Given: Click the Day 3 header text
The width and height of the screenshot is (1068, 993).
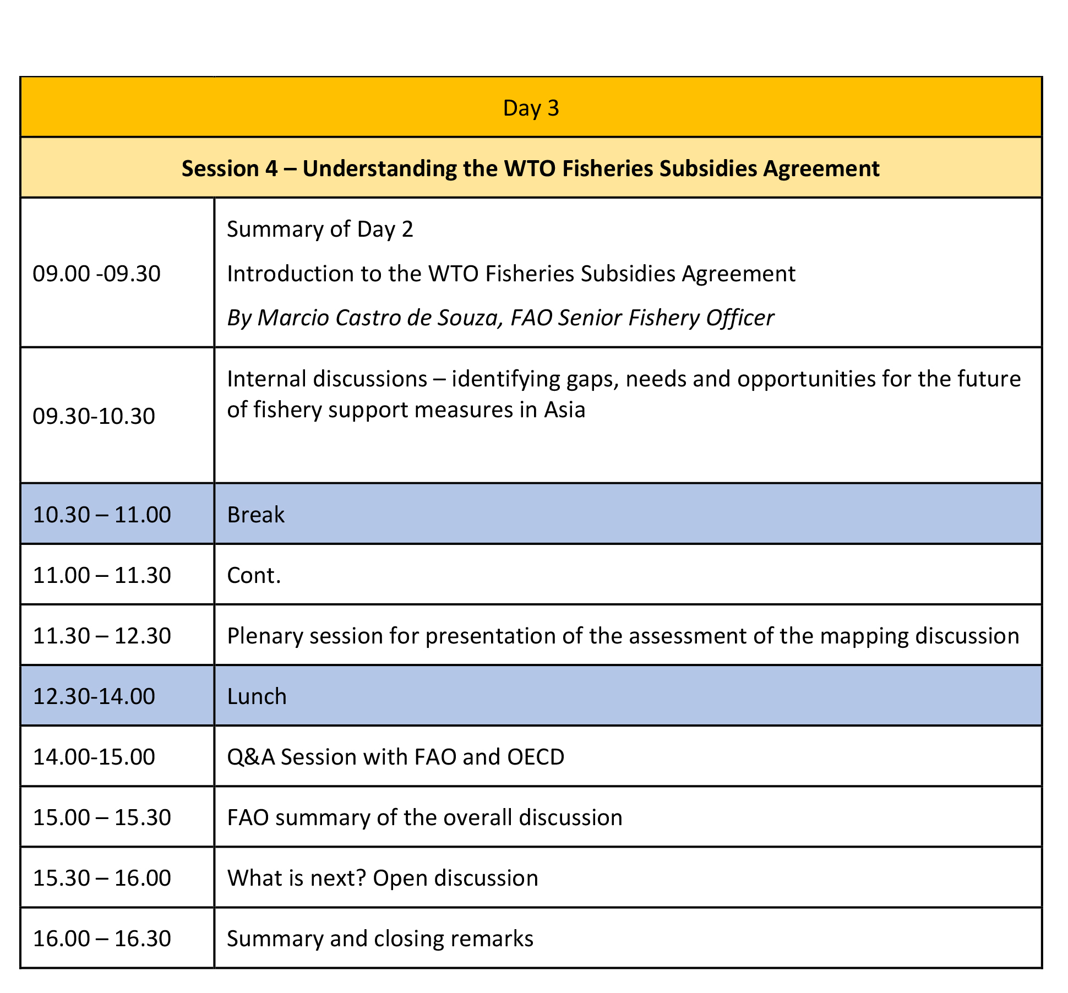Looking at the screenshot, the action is point(531,108).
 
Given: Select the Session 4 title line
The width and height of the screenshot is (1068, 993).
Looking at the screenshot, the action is point(531,168).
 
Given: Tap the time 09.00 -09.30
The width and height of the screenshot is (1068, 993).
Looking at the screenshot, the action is point(97,274).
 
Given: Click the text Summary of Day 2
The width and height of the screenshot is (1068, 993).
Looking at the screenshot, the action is point(320,230).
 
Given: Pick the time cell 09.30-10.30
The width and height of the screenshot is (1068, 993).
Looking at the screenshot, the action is point(94,416).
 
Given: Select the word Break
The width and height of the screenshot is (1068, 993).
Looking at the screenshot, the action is point(256,515).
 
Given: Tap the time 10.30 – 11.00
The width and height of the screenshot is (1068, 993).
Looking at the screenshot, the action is point(102,515).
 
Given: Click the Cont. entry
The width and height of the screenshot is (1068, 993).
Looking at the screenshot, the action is point(254,575).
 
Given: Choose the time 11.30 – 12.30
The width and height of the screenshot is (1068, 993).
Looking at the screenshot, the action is point(102,636).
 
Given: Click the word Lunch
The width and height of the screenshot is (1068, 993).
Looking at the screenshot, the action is point(257,696).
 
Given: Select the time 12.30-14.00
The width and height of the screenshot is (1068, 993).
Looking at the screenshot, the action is point(94,696).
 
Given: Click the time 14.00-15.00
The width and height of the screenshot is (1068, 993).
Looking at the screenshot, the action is point(94,757).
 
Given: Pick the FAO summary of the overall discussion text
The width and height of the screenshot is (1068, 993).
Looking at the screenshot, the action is point(424,817).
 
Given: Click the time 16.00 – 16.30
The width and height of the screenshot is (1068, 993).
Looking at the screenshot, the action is point(102,939).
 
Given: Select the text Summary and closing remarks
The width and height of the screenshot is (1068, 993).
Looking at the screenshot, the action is point(380,939).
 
